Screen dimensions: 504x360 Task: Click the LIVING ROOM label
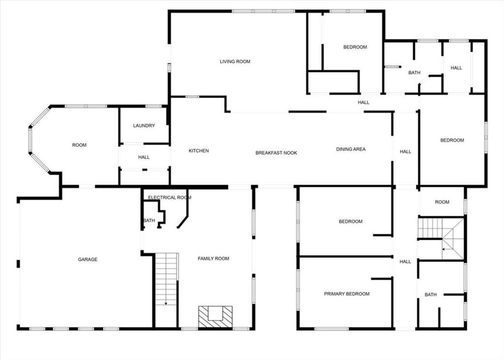[235, 62]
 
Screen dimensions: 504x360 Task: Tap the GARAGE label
[88, 260]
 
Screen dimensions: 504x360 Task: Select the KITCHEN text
[199, 151]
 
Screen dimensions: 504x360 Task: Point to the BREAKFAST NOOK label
[277, 153]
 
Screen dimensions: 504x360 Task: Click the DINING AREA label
[350, 149]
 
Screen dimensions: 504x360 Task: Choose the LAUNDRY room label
[144, 126]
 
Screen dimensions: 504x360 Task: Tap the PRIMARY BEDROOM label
[347, 294]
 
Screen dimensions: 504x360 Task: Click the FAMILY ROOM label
[214, 259]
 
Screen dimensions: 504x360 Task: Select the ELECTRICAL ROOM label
[170, 197]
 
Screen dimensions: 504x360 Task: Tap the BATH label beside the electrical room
[149, 220]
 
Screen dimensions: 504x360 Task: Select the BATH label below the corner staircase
[431, 295]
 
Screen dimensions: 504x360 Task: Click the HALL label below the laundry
[144, 157]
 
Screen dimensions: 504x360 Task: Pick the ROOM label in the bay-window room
[79, 145]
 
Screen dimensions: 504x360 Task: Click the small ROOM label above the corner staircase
[442, 202]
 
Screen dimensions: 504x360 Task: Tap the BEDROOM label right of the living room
[355, 47]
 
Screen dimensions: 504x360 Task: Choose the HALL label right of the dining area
[406, 152]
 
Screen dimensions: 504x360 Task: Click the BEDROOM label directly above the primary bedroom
[350, 221]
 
